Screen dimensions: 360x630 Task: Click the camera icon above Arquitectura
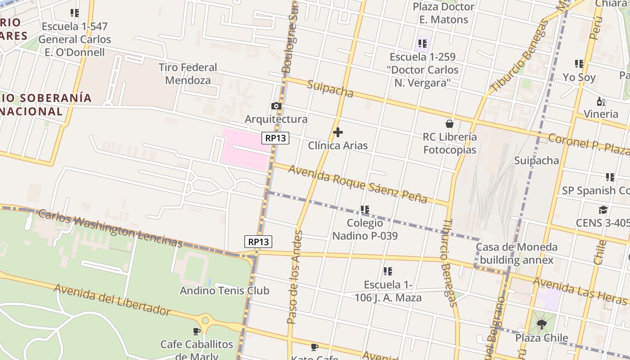coord(276,106)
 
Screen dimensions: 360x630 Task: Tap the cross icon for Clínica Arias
coord(337,132)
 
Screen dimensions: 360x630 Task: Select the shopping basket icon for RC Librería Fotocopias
coord(449,124)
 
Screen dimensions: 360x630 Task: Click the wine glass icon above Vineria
coord(600,101)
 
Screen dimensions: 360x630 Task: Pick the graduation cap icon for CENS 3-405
coord(603,210)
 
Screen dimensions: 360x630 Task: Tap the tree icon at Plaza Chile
coord(542,324)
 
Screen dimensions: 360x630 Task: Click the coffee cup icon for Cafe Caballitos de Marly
coord(197,332)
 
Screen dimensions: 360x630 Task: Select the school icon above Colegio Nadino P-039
coord(364,210)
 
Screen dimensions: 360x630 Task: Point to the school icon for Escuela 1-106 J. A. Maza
coord(387,271)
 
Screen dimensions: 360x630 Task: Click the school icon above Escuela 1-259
coord(422,44)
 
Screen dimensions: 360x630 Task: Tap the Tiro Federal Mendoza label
coord(188,74)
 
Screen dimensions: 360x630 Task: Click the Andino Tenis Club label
coord(225,291)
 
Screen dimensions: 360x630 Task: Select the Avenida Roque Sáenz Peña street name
coord(357,184)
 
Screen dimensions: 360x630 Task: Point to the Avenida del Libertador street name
coord(112,299)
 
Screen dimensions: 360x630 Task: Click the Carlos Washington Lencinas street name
coord(110,228)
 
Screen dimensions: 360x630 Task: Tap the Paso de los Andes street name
coord(295,277)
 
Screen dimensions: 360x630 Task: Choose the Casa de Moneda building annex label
coord(516,253)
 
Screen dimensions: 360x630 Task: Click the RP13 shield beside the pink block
coord(275,138)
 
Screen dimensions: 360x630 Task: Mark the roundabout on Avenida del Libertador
coord(206,321)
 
